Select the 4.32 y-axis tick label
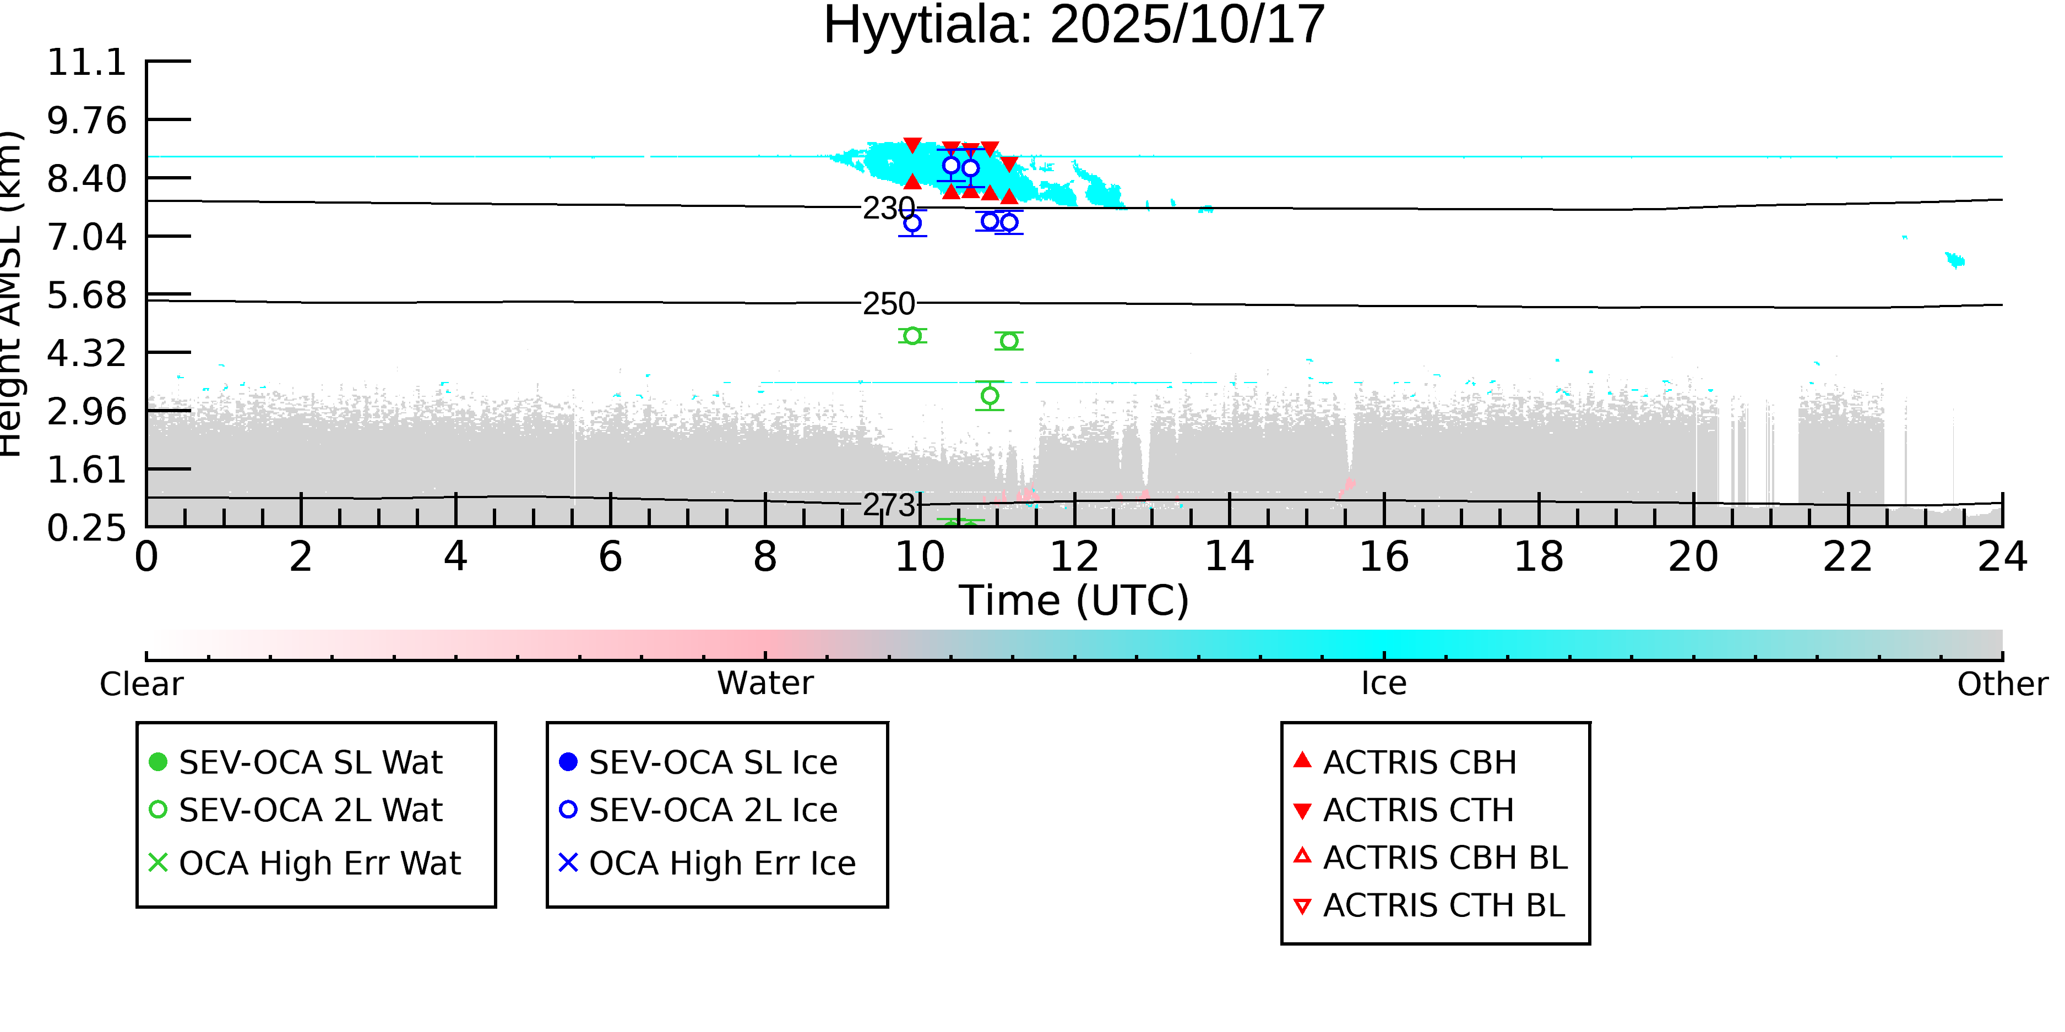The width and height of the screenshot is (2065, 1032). click(86, 353)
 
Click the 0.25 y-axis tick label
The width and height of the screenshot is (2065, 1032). click(86, 528)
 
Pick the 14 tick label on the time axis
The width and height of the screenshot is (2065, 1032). click(1229, 557)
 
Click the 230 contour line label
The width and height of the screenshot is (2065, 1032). click(888, 208)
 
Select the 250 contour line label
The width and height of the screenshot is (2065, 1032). click(888, 304)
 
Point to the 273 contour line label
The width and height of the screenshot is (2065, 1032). click(888, 505)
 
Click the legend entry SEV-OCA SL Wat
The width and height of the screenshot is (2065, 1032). click(310, 762)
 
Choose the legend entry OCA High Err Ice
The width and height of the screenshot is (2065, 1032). click(721, 863)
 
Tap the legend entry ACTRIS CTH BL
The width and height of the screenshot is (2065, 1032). click(1443, 905)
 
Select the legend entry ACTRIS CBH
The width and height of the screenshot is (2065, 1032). click(1419, 762)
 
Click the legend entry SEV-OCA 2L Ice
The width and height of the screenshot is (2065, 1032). click(713, 810)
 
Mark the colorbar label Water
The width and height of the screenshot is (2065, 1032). click(765, 684)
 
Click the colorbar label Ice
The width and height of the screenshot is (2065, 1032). click(1384, 684)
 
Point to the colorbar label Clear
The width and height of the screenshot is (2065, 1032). click(141, 684)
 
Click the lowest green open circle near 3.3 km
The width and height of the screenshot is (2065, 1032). click(990, 396)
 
